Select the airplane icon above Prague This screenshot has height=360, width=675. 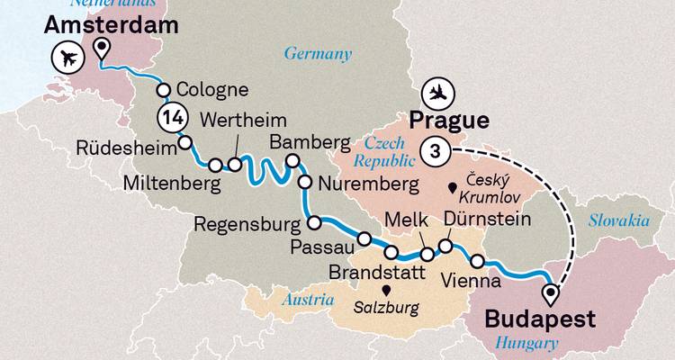(438, 94)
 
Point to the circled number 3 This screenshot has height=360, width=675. (436, 152)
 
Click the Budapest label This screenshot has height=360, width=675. (540, 319)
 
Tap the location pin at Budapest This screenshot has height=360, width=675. (551, 293)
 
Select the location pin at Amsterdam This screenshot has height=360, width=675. (103, 49)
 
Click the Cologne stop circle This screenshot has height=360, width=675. (164, 90)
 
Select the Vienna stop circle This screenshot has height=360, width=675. (478, 261)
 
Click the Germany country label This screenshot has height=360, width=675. (318, 54)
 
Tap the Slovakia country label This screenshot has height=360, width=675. (620, 220)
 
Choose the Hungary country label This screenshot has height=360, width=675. (526, 342)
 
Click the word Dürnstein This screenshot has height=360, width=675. (486, 220)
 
